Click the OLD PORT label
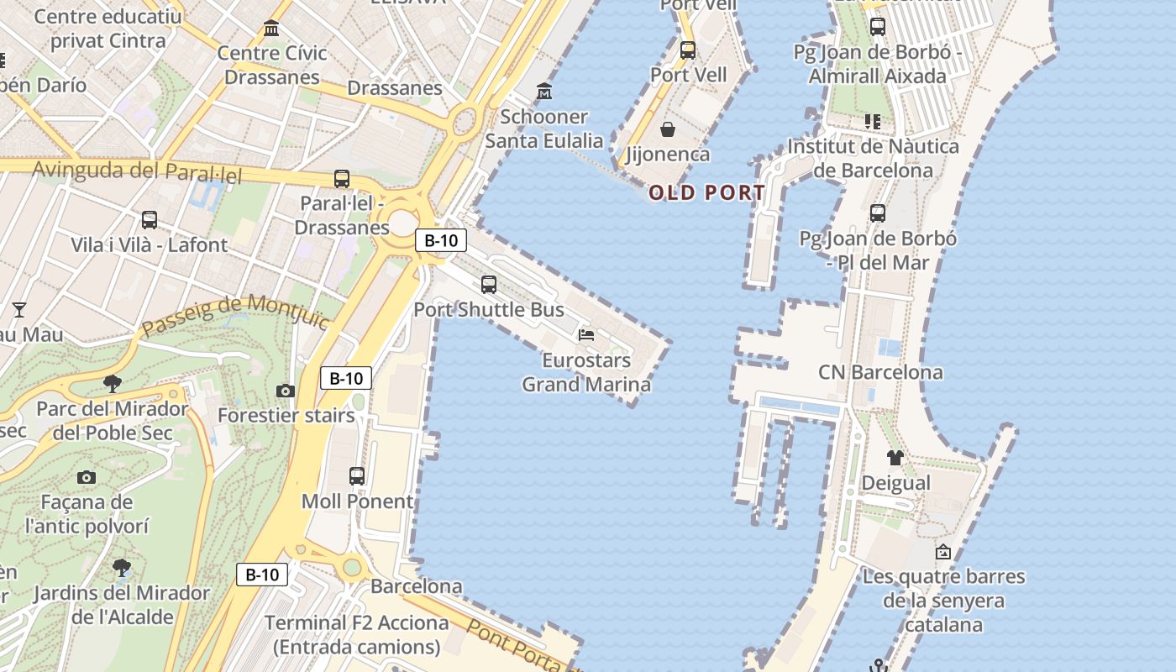point(706,193)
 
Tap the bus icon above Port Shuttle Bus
point(489,285)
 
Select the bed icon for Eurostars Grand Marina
point(586,335)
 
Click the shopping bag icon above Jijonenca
point(668,129)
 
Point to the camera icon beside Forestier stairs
point(286,391)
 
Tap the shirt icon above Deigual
point(895,458)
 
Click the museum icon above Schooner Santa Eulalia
point(544,91)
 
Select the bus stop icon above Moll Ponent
point(357,476)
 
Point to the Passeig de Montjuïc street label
point(235,315)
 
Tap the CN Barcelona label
point(880,372)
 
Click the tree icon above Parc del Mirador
point(112,384)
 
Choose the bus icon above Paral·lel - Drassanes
point(342,179)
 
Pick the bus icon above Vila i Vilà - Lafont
point(150,220)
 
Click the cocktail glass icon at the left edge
point(18,310)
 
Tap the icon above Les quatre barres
point(943,552)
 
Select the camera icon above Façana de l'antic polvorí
point(86,478)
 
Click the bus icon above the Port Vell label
point(688,50)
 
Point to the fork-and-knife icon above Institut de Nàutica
point(873,122)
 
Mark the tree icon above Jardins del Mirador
point(122,567)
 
